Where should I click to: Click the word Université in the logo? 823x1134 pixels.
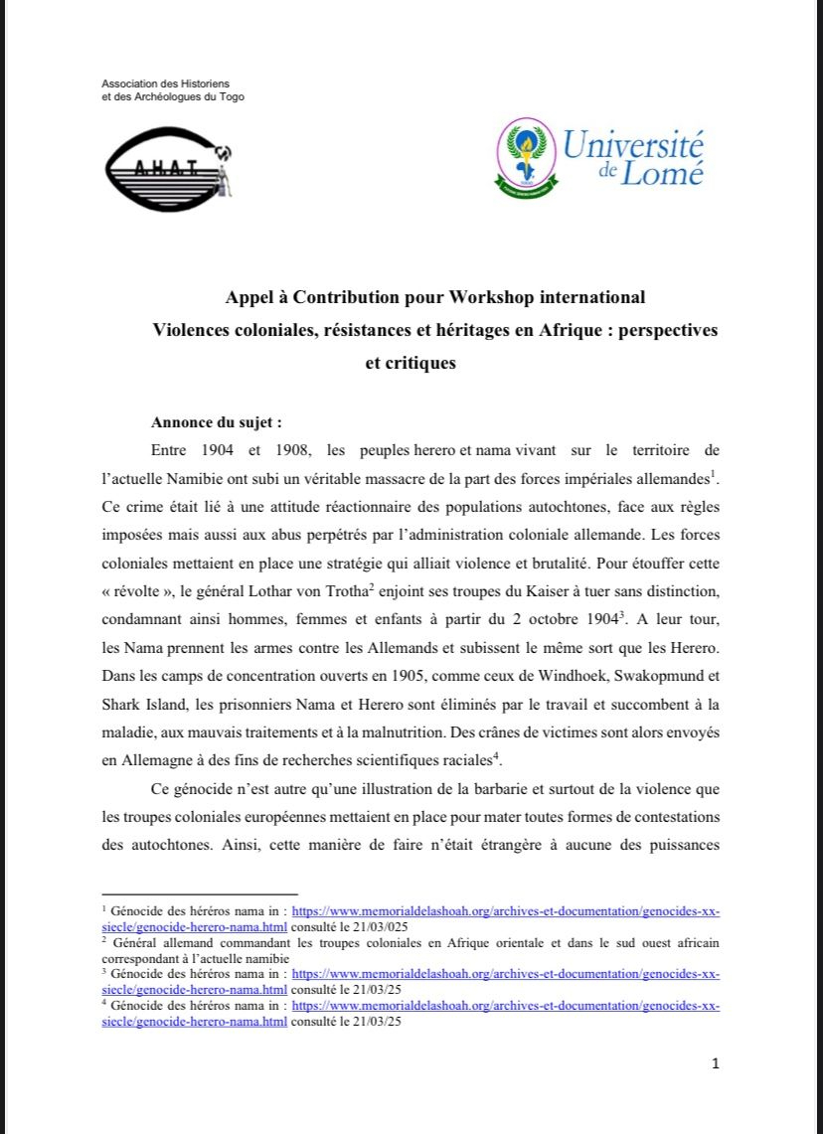[x=633, y=146]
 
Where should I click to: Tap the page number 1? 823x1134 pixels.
[x=715, y=1064]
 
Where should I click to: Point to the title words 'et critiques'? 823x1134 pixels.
[x=411, y=363]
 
